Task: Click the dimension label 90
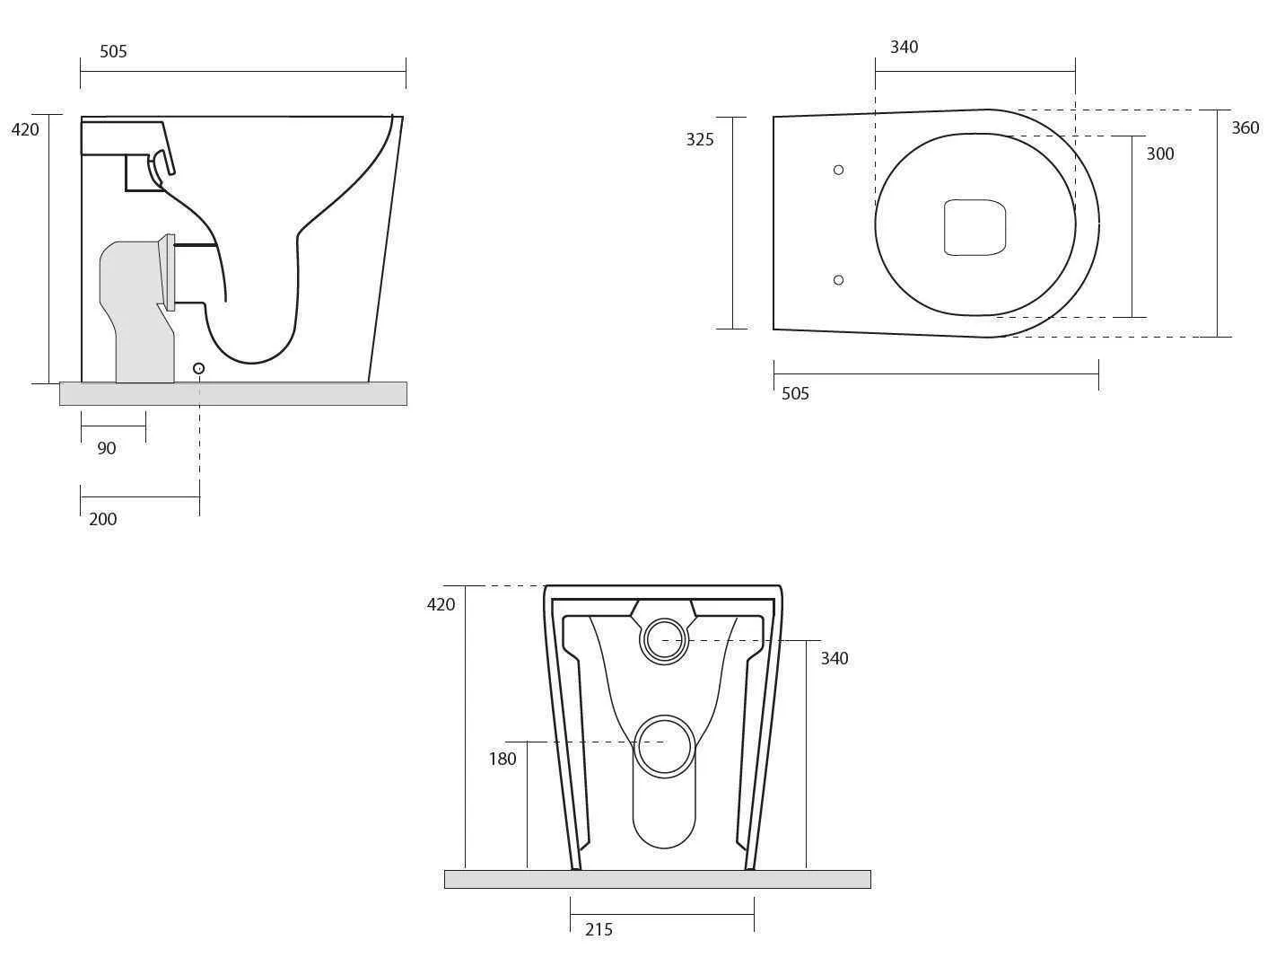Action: click(x=107, y=448)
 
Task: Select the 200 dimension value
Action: click(x=103, y=519)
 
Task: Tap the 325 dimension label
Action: click(x=700, y=139)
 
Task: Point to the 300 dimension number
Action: click(x=1159, y=154)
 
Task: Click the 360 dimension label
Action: click(x=1245, y=127)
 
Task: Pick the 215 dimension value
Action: click(x=599, y=930)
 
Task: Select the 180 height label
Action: click(x=503, y=759)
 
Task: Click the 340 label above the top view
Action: click(x=904, y=47)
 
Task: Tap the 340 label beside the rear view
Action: click(x=834, y=658)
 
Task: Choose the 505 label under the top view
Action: click(x=795, y=393)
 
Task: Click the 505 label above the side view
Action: click(x=113, y=51)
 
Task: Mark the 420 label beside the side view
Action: click(x=25, y=129)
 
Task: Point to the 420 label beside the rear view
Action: click(x=441, y=604)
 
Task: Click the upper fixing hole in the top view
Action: click(x=838, y=170)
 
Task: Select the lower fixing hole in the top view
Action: click(x=838, y=280)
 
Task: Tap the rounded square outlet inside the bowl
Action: click(x=974, y=227)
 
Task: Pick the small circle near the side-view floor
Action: click(x=199, y=368)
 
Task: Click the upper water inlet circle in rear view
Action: click(x=664, y=640)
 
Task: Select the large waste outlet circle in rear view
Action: click(x=664, y=745)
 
